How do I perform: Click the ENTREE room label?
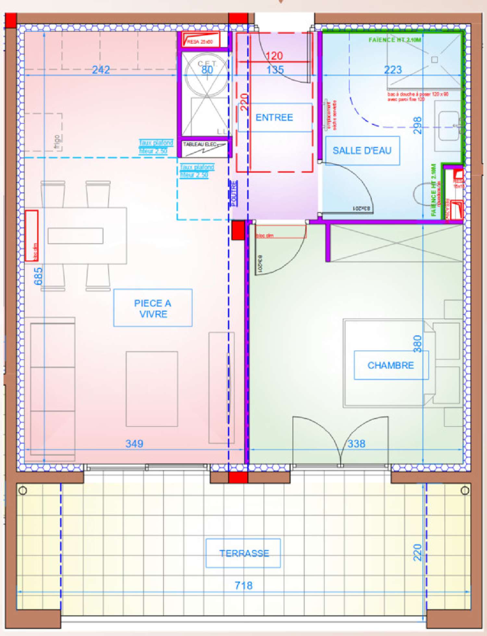(x=274, y=117)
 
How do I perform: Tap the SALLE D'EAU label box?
(x=362, y=150)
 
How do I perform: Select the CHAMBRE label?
(x=391, y=365)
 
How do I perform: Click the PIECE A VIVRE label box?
(x=153, y=308)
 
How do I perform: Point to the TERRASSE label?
(x=243, y=553)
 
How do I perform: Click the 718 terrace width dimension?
(x=243, y=585)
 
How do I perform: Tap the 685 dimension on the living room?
(x=38, y=276)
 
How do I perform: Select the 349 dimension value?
(x=134, y=443)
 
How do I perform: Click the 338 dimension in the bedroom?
(x=356, y=443)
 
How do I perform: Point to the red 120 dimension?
(x=274, y=56)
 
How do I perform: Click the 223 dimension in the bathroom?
(x=393, y=69)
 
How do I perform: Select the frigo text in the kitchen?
(x=57, y=143)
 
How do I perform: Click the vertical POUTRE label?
(x=233, y=193)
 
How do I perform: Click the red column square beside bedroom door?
(x=238, y=230)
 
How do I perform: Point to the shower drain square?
(x=434, y=60)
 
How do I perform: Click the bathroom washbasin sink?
(x=449, y=126)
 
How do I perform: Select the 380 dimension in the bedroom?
(x=418, y=344)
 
